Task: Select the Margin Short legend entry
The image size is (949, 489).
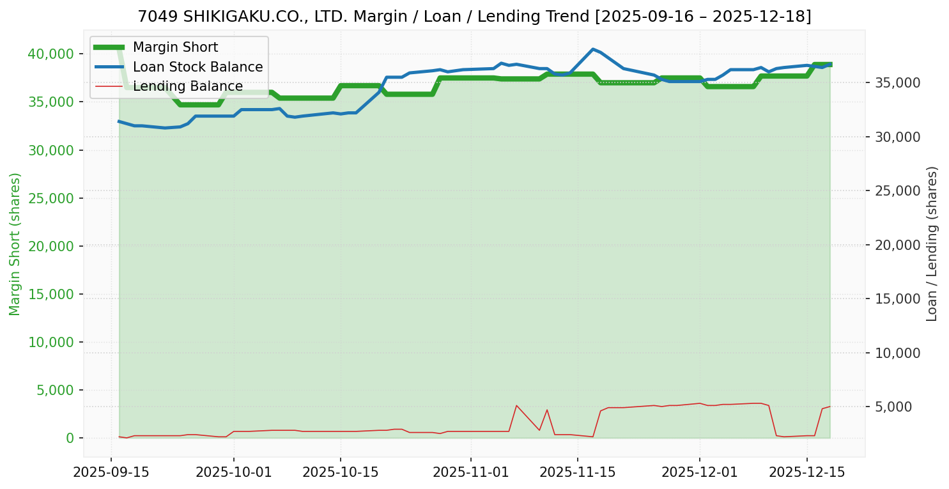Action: [175, 47]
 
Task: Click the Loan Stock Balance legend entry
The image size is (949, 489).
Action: [197, 67]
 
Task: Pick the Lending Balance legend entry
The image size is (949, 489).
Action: [187, 86]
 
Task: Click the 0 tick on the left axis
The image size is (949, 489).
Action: [70, 439]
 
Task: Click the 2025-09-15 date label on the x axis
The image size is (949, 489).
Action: [111, 472]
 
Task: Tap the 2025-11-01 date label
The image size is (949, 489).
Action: [470, 472]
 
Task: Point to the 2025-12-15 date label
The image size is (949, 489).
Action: [806, 472]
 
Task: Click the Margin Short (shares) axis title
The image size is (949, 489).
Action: [15, 244]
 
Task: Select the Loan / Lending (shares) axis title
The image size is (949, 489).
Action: [932, 244]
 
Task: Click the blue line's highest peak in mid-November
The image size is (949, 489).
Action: [593, 49]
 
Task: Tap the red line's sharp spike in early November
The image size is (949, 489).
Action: [516, 405]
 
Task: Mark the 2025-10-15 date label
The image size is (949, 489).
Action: [340, 472]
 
